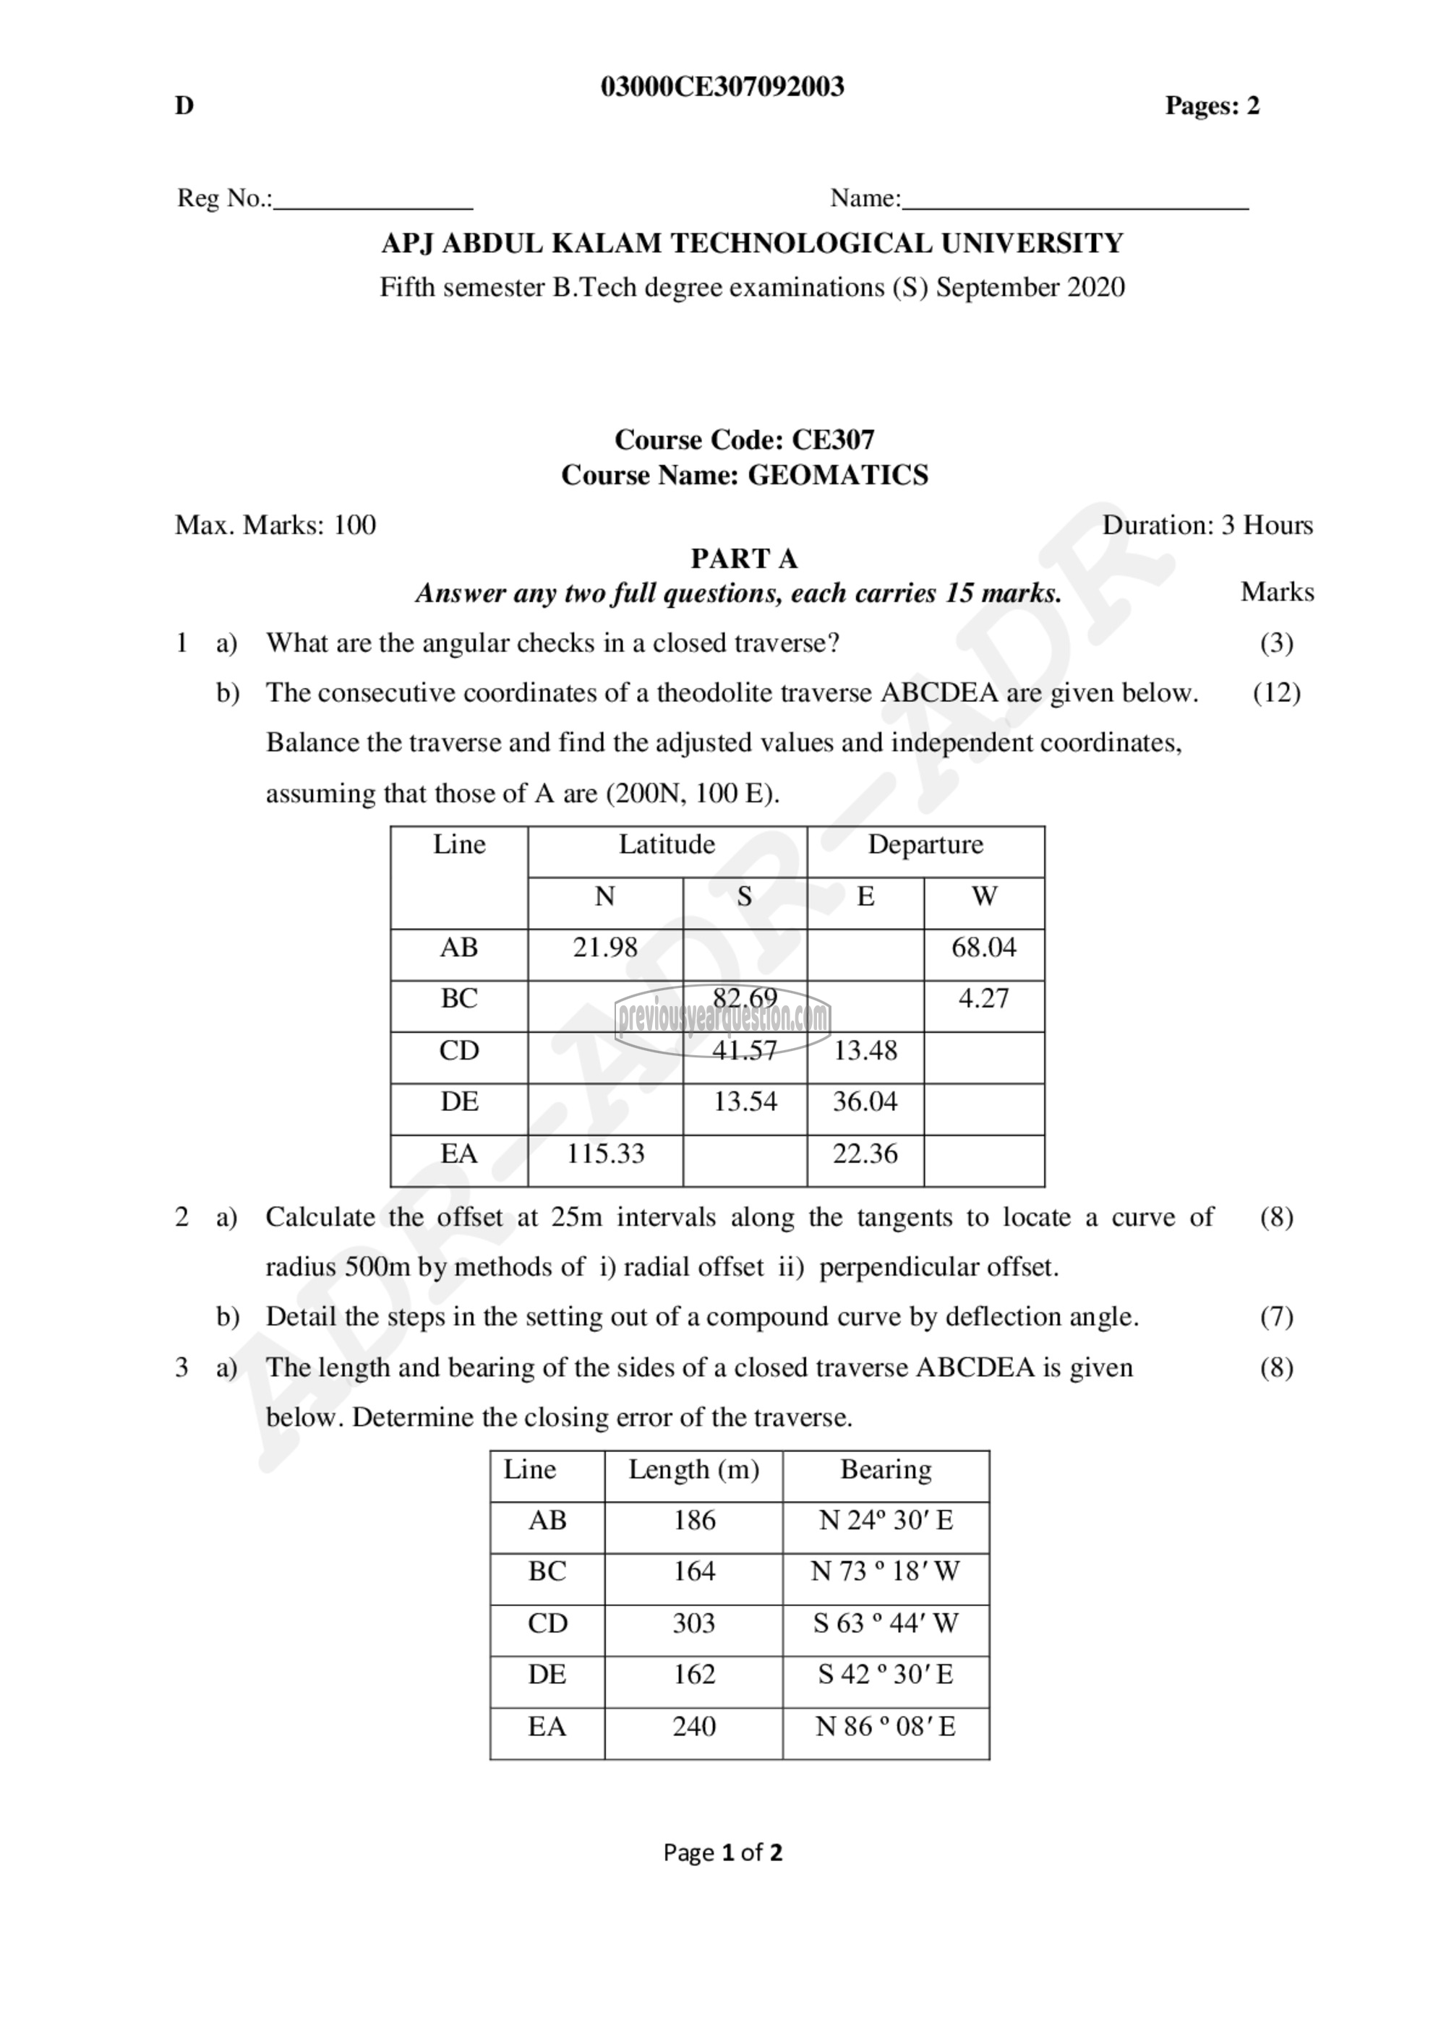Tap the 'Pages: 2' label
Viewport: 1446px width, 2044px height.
point(1212,106)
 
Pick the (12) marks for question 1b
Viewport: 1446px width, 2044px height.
point(1276,692)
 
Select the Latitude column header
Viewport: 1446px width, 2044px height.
point(667,844)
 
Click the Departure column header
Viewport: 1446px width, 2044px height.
point(925,844)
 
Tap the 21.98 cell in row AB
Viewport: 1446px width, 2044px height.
point(605,948)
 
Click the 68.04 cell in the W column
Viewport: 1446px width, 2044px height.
point(984,948)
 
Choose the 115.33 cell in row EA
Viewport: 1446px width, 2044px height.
point(605,1154)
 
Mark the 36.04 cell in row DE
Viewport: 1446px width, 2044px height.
point(865,1102)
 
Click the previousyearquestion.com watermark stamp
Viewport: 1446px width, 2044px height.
point(722,1018)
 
